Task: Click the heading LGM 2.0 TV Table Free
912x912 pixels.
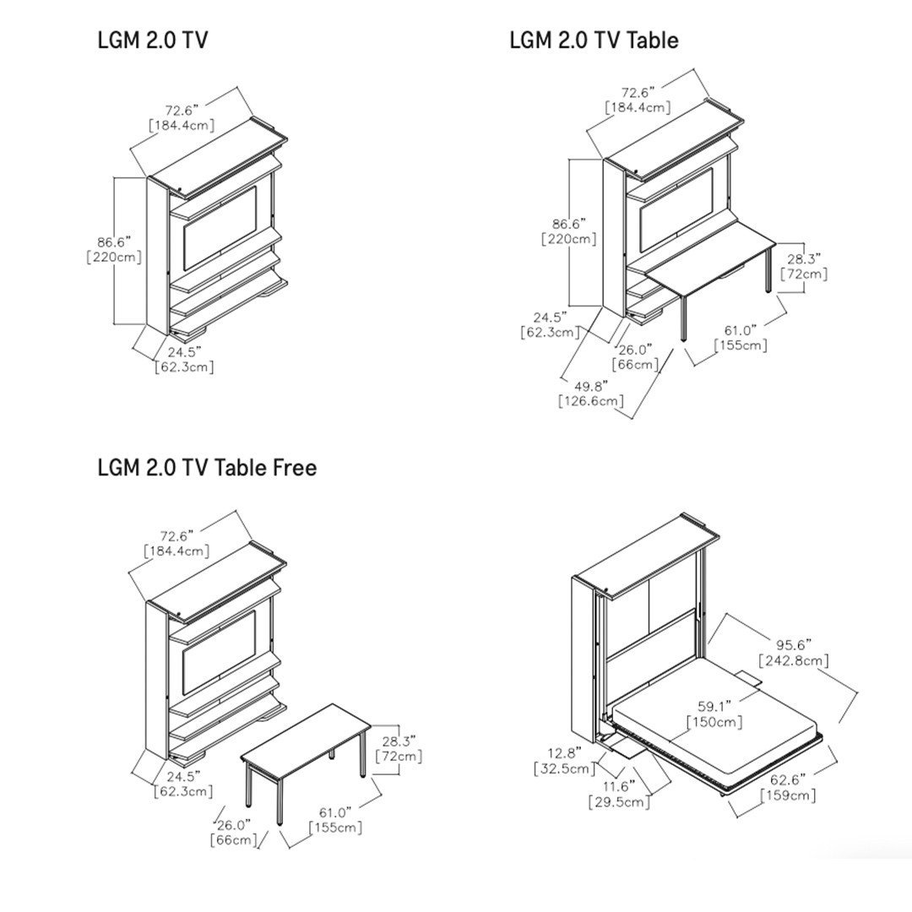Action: [207, 468]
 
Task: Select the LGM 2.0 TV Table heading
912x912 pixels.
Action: [594, 41]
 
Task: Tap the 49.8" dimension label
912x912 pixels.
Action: [591, 386]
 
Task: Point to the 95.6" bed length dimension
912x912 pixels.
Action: [794, 644]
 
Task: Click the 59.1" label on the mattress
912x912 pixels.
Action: [715, 706]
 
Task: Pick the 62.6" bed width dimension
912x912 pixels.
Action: [788, 779]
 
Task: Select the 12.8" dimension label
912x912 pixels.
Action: [564, 753]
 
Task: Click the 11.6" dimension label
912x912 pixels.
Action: [619, 786]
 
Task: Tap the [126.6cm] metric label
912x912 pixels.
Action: [591, 401]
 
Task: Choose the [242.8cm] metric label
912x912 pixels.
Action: [794, 660]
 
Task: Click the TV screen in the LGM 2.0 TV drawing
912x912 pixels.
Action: [220, 229]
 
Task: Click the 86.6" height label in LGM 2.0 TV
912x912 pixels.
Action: [114, 242]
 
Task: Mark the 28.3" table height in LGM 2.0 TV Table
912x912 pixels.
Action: [804, 258]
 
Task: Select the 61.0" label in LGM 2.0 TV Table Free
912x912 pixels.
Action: [335, 812]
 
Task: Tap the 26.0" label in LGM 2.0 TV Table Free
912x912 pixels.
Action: [234, 825]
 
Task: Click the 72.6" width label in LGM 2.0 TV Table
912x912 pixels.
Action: [638, 93]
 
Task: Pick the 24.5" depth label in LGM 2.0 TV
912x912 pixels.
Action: [184, 352]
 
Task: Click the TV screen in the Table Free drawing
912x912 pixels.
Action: [220, 653]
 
